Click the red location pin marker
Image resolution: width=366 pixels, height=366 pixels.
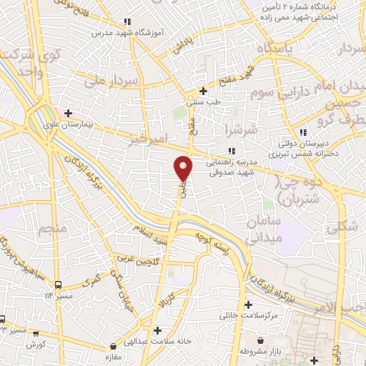click(x=184, y=169)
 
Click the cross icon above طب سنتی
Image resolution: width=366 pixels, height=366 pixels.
click(x=204, y=91)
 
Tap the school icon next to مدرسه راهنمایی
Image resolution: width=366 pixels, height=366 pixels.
click(x=230, y=150)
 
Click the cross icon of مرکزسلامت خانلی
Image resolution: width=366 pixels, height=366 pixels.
click(x=247, y=305)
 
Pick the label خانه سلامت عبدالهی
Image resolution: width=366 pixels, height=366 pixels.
click(x=156, y=341)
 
